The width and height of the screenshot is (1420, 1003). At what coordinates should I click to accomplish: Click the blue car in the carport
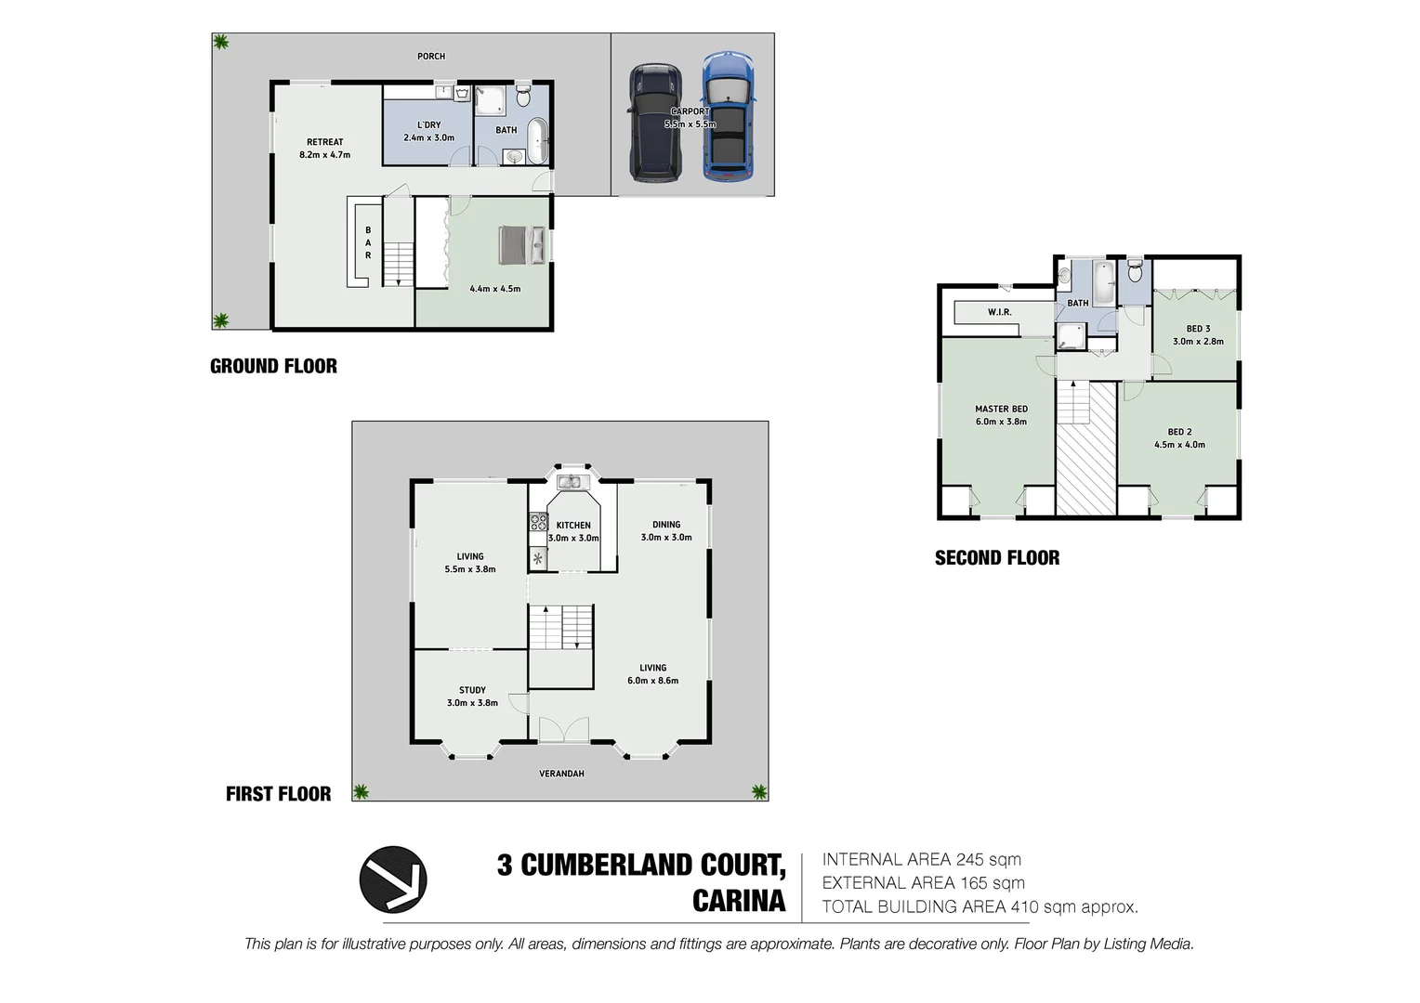pos(728,116)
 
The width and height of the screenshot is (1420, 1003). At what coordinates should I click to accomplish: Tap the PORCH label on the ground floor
pos(431,57)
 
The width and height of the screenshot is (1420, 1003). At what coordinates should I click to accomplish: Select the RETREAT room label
pos(325,142)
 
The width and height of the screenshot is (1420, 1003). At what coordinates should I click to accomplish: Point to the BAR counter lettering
pos(368,242)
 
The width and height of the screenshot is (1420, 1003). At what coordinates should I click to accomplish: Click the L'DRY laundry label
pos(429,124)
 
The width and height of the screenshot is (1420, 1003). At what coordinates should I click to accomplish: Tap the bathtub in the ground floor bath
pos(538,139)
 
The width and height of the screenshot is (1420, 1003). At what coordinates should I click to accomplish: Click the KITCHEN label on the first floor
pos(573,526)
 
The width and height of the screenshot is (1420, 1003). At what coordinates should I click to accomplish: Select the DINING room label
pos(666,525)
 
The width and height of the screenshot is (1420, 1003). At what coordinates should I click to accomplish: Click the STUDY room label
pos(472,690)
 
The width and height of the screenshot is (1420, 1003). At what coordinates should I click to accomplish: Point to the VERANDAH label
pos(561,774)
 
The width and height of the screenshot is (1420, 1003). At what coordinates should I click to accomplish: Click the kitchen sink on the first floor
pos(569,482)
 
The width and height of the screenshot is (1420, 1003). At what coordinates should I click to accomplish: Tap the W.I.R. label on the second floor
pos(1000,312)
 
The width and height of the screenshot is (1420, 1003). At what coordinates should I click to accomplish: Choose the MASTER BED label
pos(1001,409)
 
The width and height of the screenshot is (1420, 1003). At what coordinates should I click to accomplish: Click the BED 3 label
pos(1198,329)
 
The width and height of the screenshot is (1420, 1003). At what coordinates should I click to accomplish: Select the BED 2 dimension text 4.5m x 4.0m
pos(1179,445)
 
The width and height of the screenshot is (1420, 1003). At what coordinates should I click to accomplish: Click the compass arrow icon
pos(393,879)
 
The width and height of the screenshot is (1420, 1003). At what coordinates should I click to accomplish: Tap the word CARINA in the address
pos(739,901)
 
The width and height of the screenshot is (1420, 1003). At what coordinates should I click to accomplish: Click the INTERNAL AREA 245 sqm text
pos(921,860)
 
